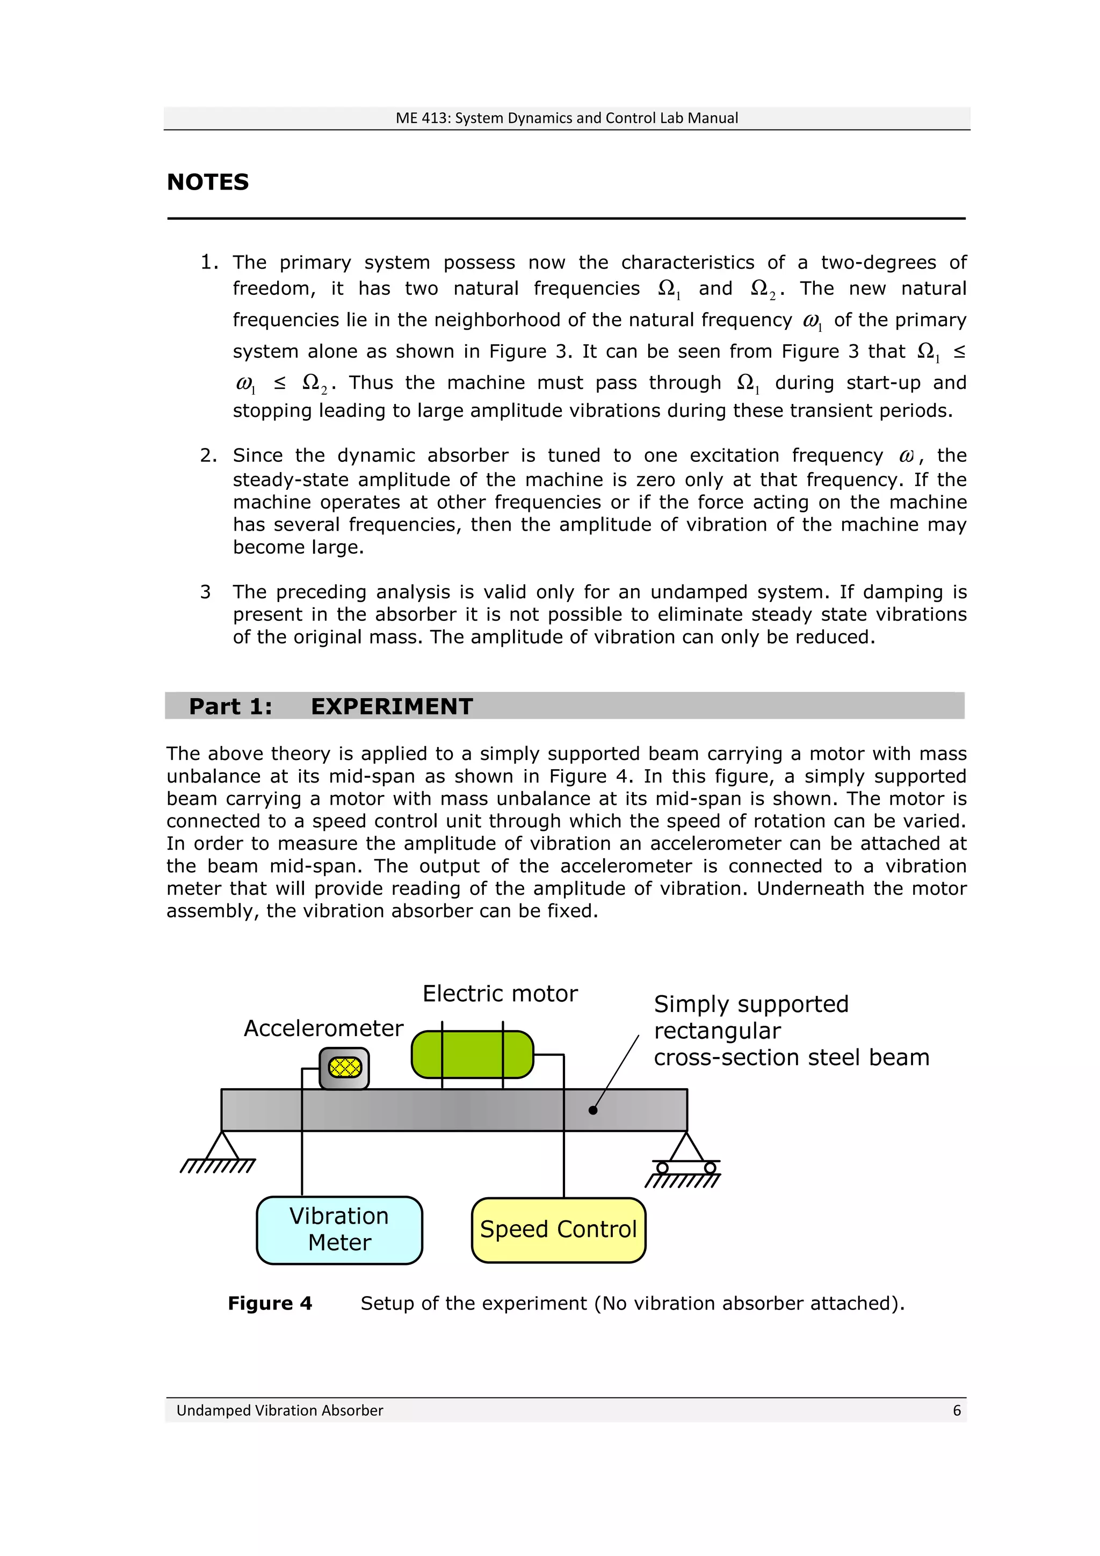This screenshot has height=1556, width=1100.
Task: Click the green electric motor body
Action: point(473,1054)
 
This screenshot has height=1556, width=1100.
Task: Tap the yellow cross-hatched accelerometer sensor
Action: point(344,1068)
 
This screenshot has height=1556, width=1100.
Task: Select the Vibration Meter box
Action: point(339,1230)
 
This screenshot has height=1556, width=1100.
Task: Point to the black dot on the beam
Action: point(593,1110)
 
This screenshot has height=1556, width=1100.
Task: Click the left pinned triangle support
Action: point(222,1147)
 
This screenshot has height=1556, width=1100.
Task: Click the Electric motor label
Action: point(500,994)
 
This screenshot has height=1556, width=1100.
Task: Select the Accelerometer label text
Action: point(323,1028)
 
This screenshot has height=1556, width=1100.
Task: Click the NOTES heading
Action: point(207,182)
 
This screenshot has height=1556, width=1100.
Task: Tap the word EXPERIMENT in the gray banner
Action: point(392,706)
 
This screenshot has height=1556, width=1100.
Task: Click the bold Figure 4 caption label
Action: point(270,1303)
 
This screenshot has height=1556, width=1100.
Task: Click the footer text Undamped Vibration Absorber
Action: point(279,1410)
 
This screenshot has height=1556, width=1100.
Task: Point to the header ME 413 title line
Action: point(567,118)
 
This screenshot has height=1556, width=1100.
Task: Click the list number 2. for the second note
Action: point(208,455)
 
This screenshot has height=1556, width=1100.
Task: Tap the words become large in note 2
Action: point(298,547)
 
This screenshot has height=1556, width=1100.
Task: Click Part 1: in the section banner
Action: point(230,706)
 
